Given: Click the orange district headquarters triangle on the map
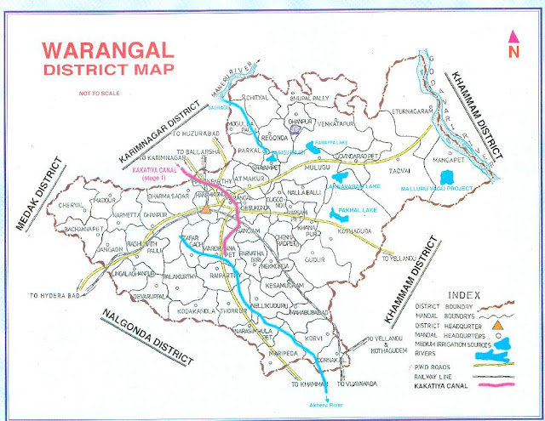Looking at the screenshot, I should point(205,208).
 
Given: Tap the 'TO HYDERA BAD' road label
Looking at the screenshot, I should point(59,295).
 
